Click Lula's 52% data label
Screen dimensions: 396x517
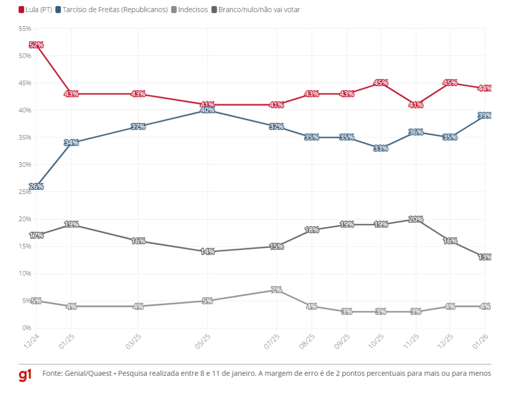[x=36, y=45]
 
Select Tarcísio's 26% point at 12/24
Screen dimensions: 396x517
[x=36, y=186]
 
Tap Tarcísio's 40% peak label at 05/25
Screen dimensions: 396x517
[x=208, y=110]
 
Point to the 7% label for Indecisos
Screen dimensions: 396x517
[x=276, y=290]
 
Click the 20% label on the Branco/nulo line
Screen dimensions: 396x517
[x=416, y=219]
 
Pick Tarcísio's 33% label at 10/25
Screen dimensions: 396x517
[x=381, y=148]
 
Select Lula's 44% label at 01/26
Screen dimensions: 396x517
[x=485, y=88]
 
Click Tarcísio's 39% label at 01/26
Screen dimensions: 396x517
[x=485, y=116]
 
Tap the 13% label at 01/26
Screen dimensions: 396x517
[x=485, y=257]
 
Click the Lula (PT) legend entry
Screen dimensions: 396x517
[x=36, y=9]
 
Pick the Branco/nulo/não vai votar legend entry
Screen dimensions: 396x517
[x=258, y=9]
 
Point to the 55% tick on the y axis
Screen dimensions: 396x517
[x=25, y=29]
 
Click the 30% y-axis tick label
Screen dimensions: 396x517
[x=25, y=165]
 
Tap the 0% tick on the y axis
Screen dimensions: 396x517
[x=26, y=328]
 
